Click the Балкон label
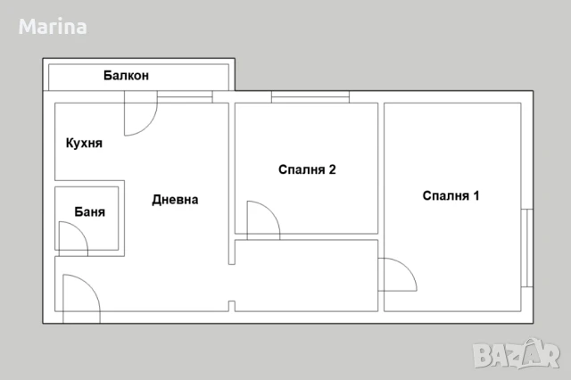click(x=126, y=77)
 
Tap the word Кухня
click(x=84, y=143)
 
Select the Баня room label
click(x=90, y=212)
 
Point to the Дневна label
click(x=175, y=200)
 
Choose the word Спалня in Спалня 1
click(x=444, y=196)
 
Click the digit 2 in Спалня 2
click(x=332, y=169)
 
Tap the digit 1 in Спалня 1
click(x=476, y=196)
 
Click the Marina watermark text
click(x=53, y=27)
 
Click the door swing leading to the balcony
click(x=138, y=118)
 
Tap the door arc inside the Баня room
click(x=71, y=235)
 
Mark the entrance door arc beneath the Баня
click(x=79, y=291)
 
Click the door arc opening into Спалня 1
click(x=396, y=274)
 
